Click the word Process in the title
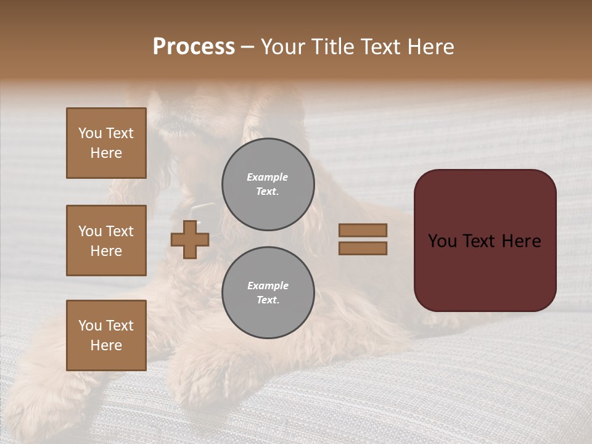tap(194, 46)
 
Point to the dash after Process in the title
tap(248, 47)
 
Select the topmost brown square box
tap(106, 143)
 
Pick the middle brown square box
tap(106, 240)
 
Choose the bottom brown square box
tap(106, 335)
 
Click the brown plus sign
tap(190, 239)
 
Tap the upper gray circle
tap(268, 184)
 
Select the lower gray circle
tap(268, 292)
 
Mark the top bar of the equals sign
tap(363, 230)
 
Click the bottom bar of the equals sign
tap(363, 248)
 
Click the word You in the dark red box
tap(442, 240)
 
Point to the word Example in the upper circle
tap(268, 177)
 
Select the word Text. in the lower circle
tap(268, 300)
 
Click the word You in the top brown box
tap(90, 133)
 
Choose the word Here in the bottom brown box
tap(106, 345)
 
